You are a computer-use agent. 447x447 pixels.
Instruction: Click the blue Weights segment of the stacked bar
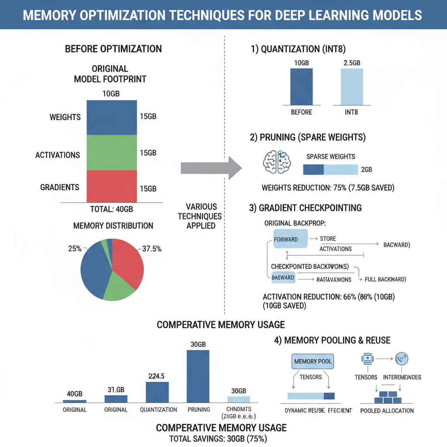[x=112, y=117]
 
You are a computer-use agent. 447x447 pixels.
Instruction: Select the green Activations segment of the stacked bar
[x=112, y=152]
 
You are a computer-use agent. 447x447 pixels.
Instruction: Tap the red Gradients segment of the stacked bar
[x=112, y=186]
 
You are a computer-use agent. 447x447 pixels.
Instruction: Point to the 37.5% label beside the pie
[x=152, y=249]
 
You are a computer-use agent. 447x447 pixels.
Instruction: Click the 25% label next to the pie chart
[x=74, y=249]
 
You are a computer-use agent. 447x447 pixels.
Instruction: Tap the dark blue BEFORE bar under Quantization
[x=301, y=86]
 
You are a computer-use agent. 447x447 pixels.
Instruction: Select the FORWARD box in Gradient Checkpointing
[x=286, y=239]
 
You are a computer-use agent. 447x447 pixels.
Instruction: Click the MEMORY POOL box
[x=313, y=361]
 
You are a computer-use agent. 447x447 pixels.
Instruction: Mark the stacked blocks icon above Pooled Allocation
[x=388, y=397]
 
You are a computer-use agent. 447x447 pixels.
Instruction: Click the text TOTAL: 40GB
[x=111, y=209]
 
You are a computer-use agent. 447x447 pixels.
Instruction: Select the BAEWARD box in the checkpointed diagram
[x=282, y=278]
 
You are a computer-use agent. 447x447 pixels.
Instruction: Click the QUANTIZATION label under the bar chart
[x=158, y=410]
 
